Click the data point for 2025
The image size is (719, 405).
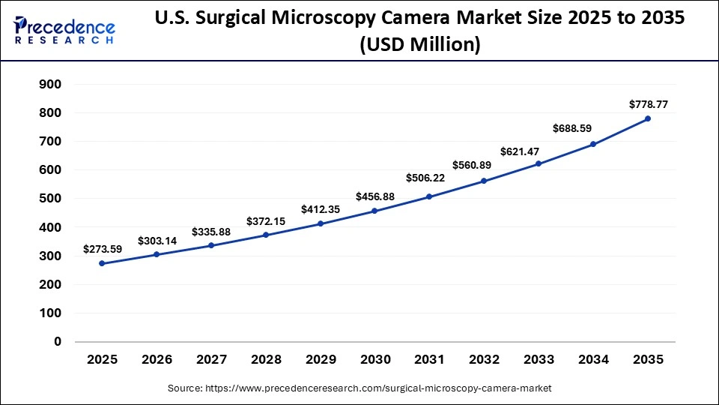click(x=102, y=263)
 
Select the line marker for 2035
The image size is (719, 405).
click(x=648, y=118)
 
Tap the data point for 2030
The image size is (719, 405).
click(x=374, y=211)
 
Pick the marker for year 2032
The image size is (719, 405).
click(x=484, y=181)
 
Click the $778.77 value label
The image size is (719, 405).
click(x=648, y=104)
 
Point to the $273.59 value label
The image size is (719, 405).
click(x=102, y=247)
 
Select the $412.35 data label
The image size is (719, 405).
click(x=321, y=209)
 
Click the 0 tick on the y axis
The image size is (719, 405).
click(x=58, y=341)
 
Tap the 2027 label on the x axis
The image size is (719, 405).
click(x=211, y=360)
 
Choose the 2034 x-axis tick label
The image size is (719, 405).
click(x=593, y=360)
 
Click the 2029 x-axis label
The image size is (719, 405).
click(x=321, y=360)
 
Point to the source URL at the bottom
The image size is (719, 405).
click(x=359, y=388)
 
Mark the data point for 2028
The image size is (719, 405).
click(x=266, y=235)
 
